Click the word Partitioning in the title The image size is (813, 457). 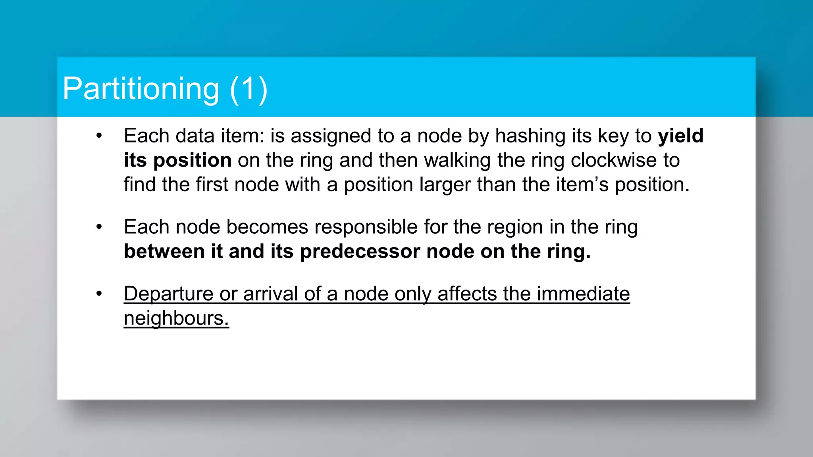(141, 89)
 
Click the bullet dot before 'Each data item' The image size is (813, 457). (99, 136)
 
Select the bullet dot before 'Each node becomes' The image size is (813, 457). (99, 227)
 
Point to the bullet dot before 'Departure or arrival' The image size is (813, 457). (99, 294)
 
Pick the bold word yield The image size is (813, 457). (680, 136)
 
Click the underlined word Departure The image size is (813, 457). (169, 294)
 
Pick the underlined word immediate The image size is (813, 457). (583, 294)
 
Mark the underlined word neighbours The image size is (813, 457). (176, 319)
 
